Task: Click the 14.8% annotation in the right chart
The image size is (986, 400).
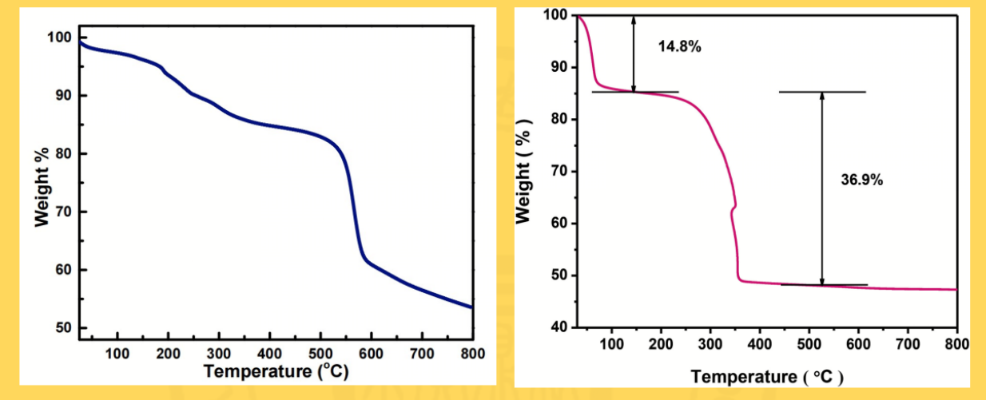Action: (x=679, y=46)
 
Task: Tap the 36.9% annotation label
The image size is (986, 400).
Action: (x=861, y=180)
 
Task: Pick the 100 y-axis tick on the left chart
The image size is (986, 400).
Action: (x=62, y=38)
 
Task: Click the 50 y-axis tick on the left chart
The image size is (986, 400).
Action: (x=65, y=328)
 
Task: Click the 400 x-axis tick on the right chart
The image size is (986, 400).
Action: (x=759, y=344)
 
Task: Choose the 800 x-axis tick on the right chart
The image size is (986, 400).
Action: (x=956, y=344)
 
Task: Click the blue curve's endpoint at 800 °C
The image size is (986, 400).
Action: (x=471, y=307)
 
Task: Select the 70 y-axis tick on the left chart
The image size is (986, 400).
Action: (x=65, y=212)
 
